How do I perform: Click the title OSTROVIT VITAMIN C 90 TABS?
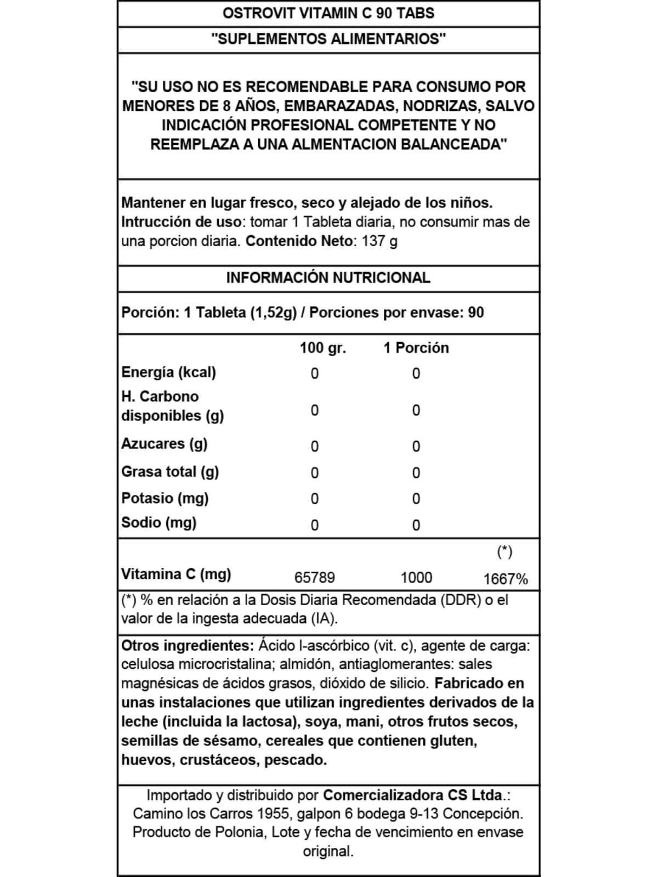[x=328, y=13]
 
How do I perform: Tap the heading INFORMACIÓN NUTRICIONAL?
[x=328, y=277]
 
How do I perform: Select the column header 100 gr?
[x=322, y=348]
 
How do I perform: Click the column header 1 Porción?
[x=416, y=348]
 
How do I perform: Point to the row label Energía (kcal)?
[x=168, y=372]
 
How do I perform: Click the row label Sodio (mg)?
[x=158, y=522]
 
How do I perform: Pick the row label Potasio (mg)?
[x=164, y=498]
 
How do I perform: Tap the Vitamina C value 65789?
[x=314, y=578]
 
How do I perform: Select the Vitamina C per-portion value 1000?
[x=416, y=578]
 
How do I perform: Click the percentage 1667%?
[x=505, y=579]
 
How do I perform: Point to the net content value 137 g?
[x=379, y=241]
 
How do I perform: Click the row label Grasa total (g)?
[x=170, y=471]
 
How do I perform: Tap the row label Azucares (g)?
[x=164, y=443]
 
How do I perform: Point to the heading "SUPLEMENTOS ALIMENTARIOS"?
[x=328, y=39]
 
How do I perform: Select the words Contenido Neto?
[x=298, y=241]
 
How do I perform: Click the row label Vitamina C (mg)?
[x=176, y=574]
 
